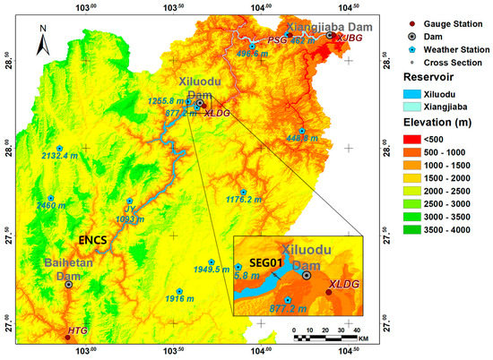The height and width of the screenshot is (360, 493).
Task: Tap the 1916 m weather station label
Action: tap(179, 299)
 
